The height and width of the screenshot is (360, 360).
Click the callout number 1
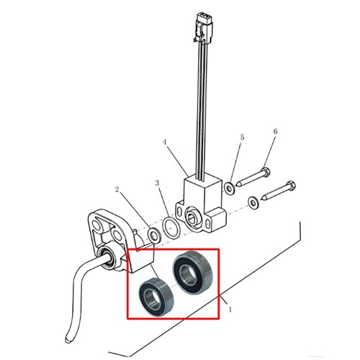tap(230, 310)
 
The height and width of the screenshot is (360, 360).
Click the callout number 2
tap(117, 189)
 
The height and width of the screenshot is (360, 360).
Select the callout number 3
tap(157, 183)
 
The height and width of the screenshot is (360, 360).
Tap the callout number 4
tap(164, 142)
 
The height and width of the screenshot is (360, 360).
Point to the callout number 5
tap(242, 138)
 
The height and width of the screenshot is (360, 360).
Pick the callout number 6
tap(275, 131)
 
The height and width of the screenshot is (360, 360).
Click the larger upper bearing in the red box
tap(193, 273)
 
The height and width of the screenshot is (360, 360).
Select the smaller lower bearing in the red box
tap(156, 297)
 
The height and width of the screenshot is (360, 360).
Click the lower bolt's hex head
tap(290, 185)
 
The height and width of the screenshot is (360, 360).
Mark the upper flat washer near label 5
tap(230, 189)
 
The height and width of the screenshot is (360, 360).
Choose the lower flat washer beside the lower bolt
tap(253, 203)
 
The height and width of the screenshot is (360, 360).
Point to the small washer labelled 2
tap(154, 235)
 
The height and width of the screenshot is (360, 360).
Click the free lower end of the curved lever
tap(68, 341)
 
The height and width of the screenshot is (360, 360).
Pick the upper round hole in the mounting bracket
tap(96, 226)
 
